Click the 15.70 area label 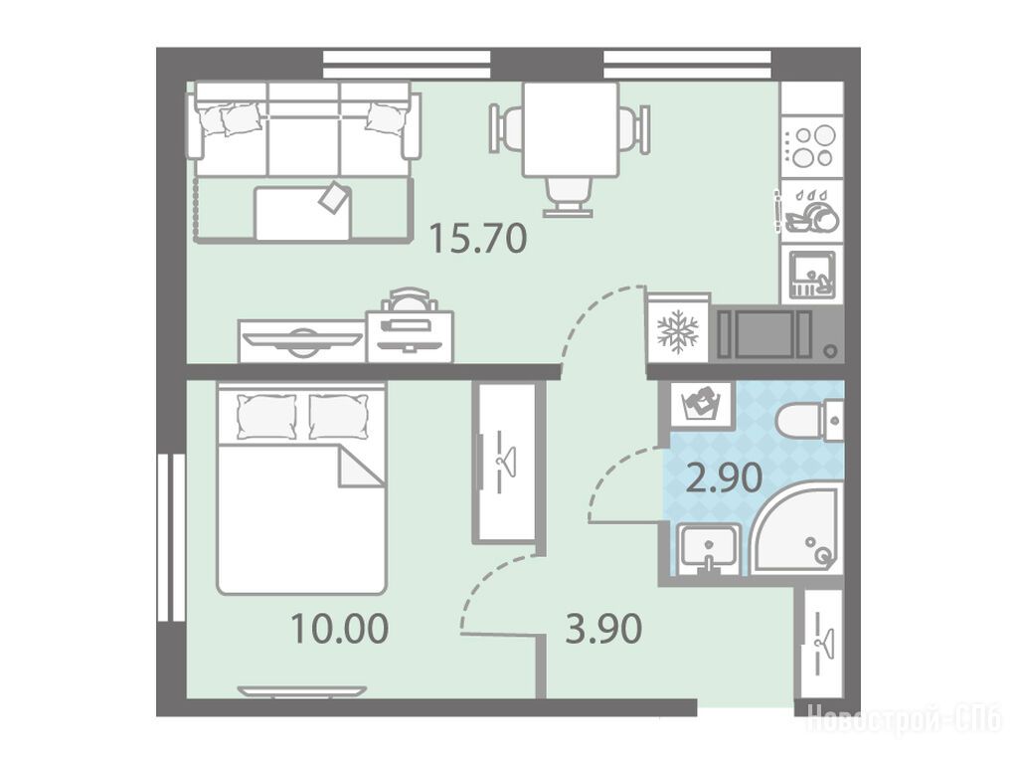478,238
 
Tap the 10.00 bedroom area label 339,629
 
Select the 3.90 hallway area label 603,629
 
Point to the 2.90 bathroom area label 724,478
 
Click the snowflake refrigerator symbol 678,331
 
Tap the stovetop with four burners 811,146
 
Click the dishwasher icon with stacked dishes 811,211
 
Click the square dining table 570,128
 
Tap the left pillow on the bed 266,416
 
